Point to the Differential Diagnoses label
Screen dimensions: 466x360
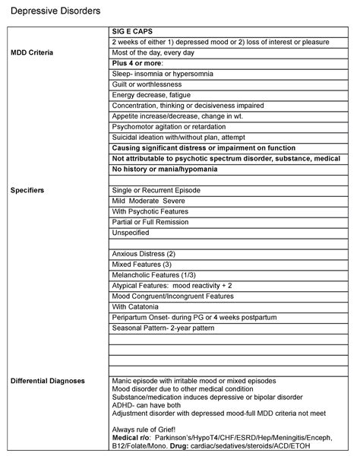[x=47, y=379]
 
